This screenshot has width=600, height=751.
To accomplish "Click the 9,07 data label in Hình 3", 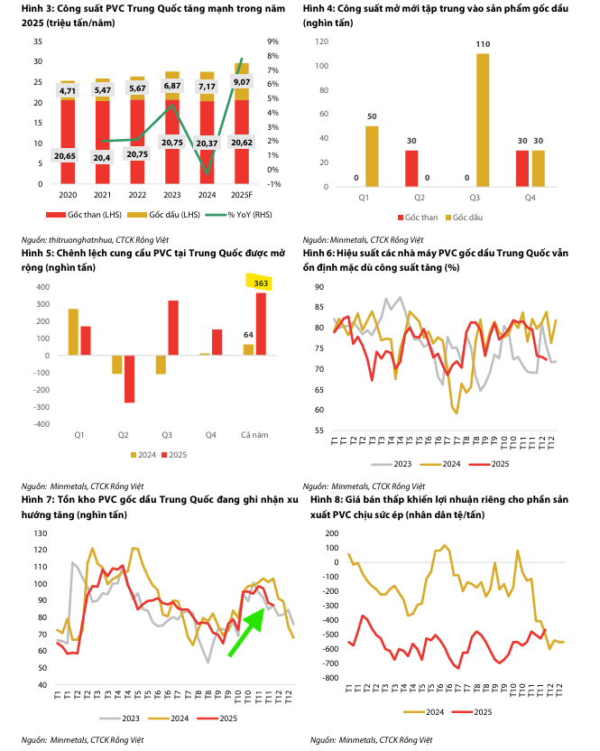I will tap(241, 82).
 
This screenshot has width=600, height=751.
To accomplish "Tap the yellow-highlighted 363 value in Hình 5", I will tap(262, 283).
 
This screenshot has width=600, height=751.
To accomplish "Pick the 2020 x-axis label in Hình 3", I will tap(68, 194).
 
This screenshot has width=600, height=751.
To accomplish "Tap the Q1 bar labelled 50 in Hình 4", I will tap(372, 154).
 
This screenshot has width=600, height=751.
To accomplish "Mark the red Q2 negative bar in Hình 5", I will tap(129, 378).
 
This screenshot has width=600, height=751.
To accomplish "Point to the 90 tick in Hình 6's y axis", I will tap(320, 286).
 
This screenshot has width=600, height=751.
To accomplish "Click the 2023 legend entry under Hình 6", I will tap(396, 463).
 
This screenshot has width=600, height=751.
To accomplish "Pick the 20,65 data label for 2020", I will tap(68, 155).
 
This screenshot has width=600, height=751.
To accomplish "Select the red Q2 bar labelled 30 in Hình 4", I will tap(412, 167).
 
